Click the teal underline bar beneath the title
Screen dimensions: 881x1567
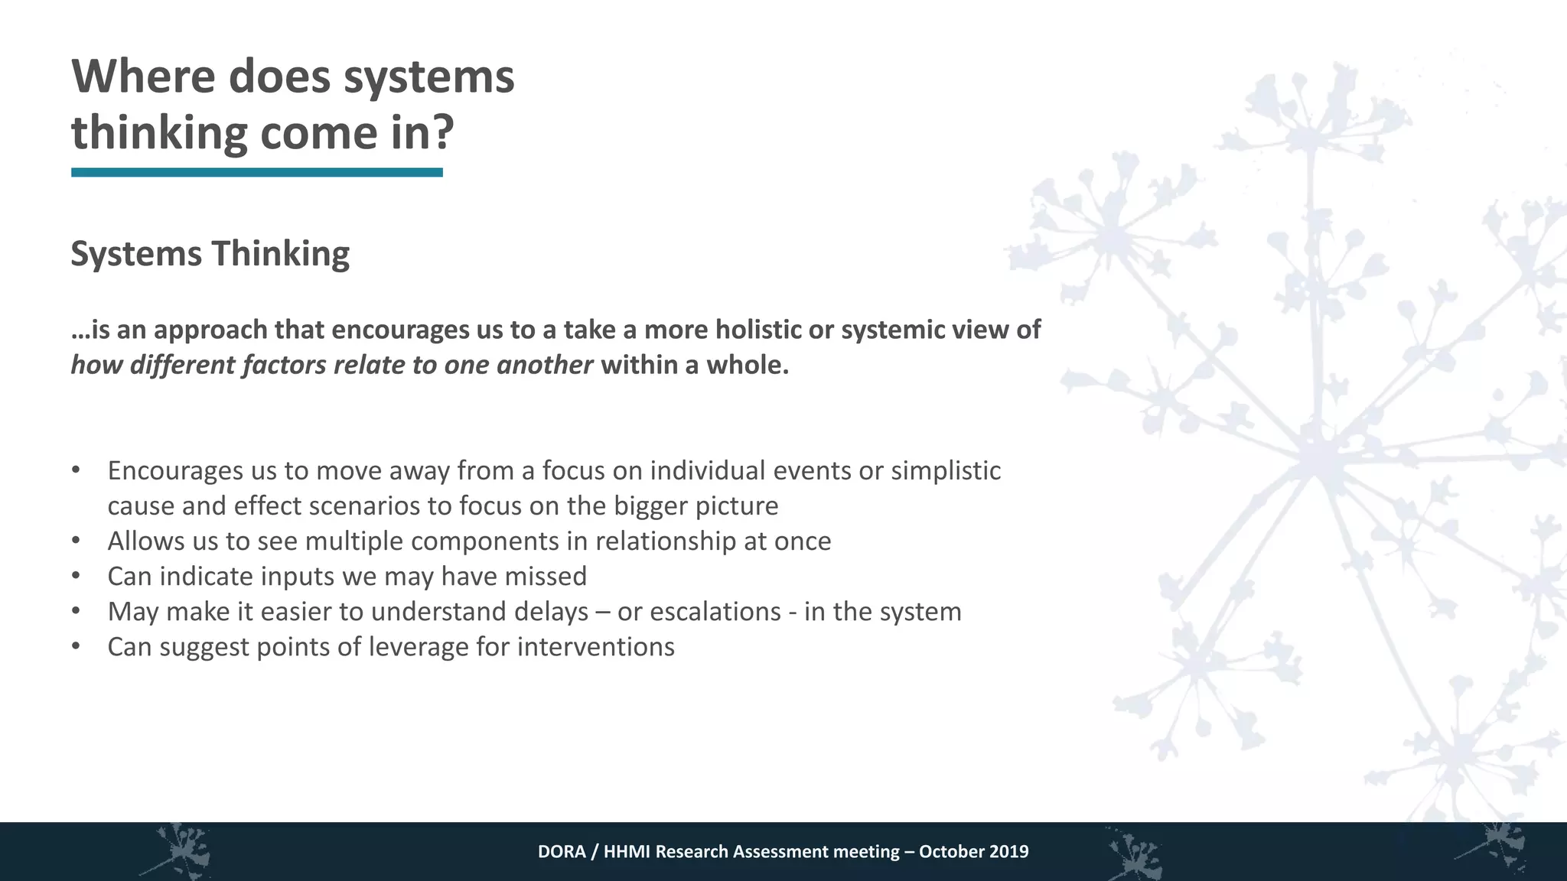click(257, 173)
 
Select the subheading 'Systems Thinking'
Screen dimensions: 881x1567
click(210, 254)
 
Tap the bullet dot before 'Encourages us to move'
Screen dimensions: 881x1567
click(75, 470)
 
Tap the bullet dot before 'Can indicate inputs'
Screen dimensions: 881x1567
click(75, 576)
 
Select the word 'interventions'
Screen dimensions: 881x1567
click(596, 647)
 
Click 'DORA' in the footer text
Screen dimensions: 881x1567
click(561, 852)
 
